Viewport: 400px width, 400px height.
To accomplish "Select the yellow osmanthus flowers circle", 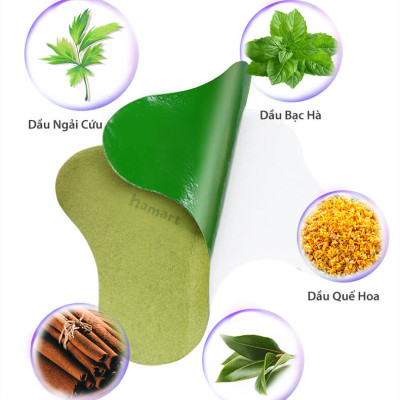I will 339,236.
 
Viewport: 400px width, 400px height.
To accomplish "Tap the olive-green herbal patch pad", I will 120,250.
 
